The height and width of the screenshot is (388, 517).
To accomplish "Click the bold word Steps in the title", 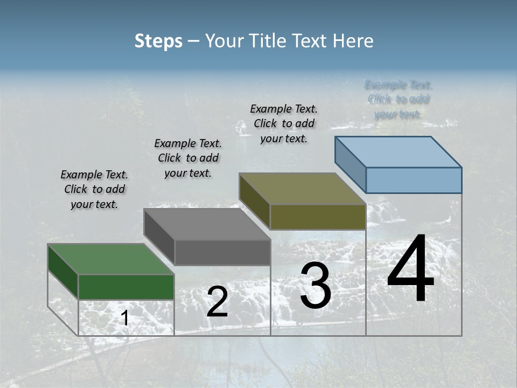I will (158, 41).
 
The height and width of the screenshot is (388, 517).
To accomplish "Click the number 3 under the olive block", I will (316, 286).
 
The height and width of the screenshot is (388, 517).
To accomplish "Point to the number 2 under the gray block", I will (217, 302).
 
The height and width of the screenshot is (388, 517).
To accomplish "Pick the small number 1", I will (124, 318).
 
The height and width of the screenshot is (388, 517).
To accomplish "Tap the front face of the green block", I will (126, 287).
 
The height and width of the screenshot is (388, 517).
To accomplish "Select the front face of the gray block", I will (222, 252).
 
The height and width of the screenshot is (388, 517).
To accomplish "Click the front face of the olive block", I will (318, 217).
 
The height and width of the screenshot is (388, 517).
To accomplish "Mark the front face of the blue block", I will (414, 180).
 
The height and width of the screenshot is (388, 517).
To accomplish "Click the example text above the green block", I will (94, 190).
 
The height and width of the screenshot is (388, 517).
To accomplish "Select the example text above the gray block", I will (188, 158).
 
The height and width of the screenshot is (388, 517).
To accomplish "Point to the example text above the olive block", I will (284, 123).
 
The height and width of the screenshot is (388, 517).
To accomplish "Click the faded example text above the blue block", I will (399, 99).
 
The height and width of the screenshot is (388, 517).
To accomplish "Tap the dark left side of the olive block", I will (254, 199).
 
